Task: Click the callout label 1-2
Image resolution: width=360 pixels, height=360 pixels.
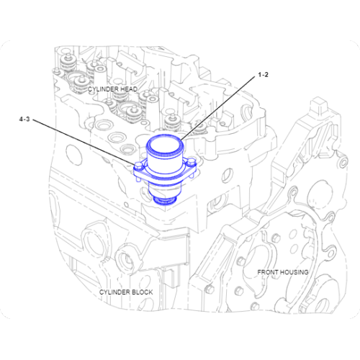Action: [x=264, y=74]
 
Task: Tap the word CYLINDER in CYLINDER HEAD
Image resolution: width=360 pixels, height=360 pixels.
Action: [x=102, y=89]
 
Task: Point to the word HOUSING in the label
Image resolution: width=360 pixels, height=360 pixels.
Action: [x=295, y=272]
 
